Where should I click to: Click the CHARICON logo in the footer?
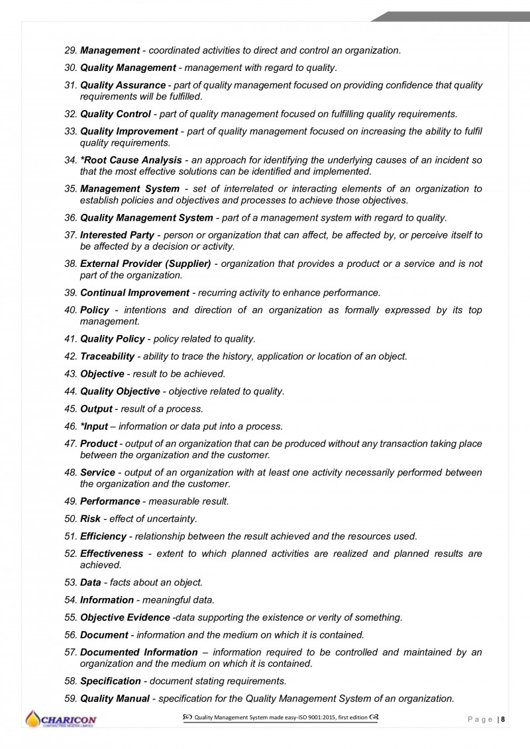(61, 720)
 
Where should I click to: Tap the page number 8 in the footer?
(503, 719)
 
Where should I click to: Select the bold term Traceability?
(107, 356)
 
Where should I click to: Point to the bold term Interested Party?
(117, 235)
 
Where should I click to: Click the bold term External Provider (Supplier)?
(145, 264)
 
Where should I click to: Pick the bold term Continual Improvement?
(134, 293)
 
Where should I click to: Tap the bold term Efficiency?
(103, 536)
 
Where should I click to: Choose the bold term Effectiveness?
(111, 553)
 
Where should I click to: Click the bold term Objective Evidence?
(125, 617)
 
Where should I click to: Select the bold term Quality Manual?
(115, 698)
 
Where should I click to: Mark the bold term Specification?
(110, 681)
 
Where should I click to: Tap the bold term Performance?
(110, 501)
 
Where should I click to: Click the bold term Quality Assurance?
(123, 85)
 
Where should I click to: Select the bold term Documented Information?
(138, 652)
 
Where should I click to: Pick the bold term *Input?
(94, 426)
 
